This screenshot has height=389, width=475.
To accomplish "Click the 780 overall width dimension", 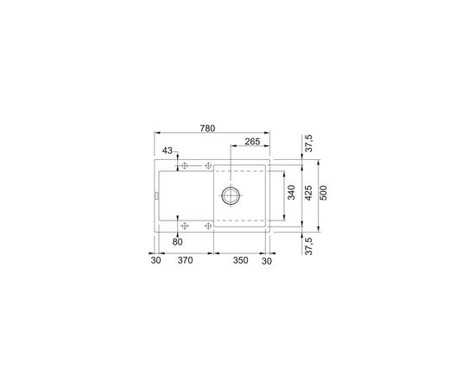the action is coord(207,129).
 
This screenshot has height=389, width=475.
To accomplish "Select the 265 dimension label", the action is coord(252,142).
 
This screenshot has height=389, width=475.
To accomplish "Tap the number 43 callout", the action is coord(168,150).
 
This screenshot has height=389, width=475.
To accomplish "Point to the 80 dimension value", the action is coord(178,242).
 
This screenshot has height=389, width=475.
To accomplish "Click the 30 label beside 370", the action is coord(155,260).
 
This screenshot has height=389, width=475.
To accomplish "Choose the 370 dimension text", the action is coord(185,260).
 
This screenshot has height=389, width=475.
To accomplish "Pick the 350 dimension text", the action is coord(241,260).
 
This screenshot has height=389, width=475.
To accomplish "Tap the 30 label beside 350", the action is coord(267,261).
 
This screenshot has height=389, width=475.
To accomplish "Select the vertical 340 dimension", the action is coord(291,192).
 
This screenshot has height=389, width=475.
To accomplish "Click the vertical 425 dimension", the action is coord(307,193).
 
